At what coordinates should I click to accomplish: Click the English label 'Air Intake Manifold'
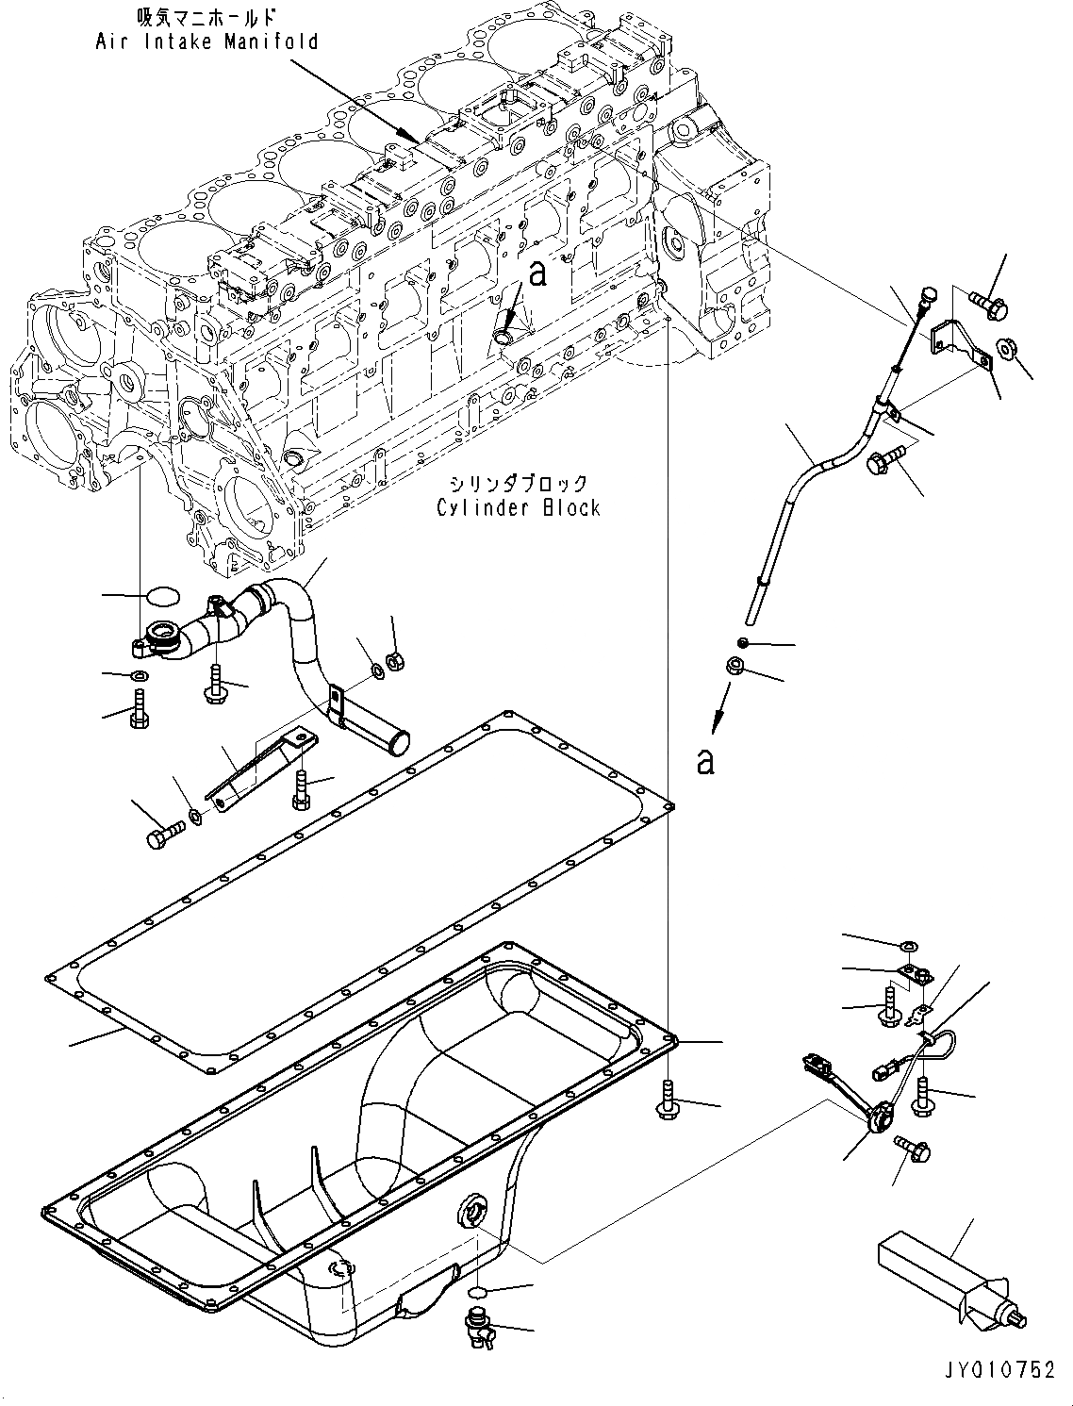coord(206,41)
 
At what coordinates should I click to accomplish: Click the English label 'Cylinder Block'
coord(518,508)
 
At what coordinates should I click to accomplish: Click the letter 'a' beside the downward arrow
coord(705,761)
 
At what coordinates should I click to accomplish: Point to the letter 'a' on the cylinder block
coord(537,274)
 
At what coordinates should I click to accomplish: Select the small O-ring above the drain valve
coord(477,1292)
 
